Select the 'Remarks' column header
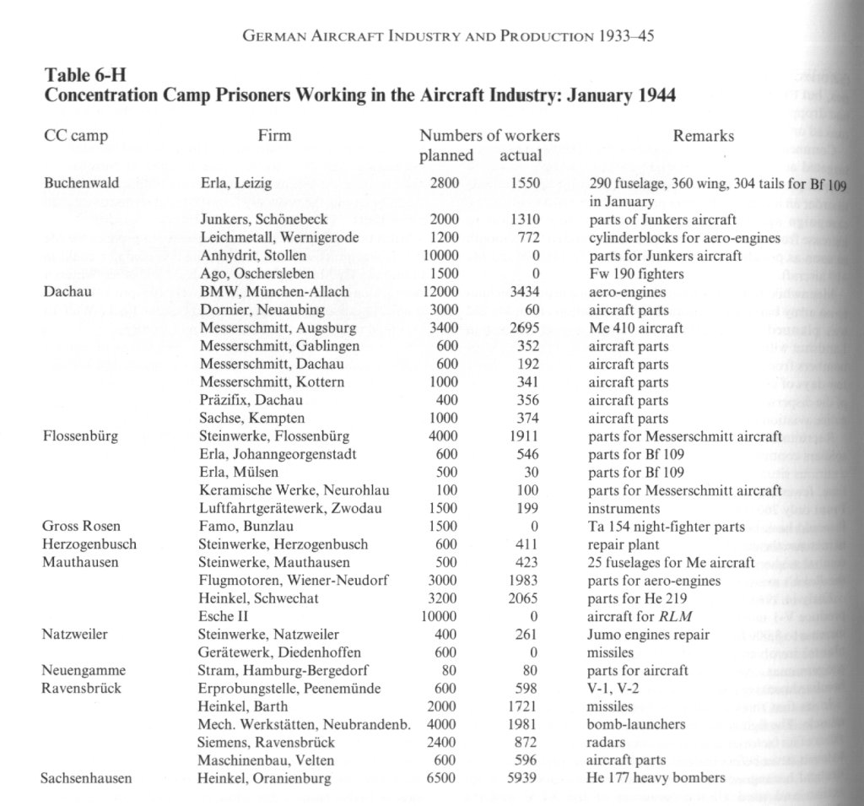[703, 136]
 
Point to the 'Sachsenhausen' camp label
[86, 778]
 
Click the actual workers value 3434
[524, 292]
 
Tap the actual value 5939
[524, 778]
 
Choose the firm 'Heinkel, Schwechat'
[251, 598]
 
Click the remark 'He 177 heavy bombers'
[656, 778]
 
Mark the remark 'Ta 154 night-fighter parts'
[666, 527]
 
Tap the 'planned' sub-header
[446, 156]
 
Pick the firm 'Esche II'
[221, 617]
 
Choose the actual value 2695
[524, 327]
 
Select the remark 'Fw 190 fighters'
[635, 274]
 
